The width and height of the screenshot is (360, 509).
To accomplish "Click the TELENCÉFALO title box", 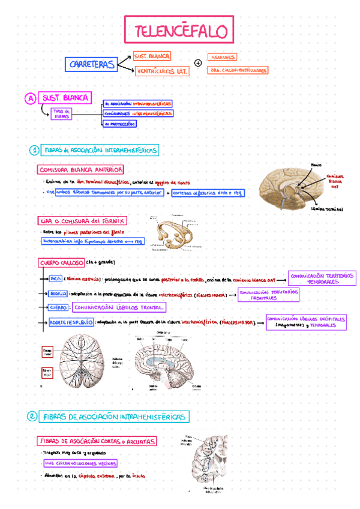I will point(179,30).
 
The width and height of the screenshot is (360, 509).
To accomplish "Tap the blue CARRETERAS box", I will point(91,64).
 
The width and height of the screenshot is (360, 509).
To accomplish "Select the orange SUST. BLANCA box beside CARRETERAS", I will point(152,56).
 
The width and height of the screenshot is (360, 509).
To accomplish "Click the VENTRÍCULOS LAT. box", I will point(161,71).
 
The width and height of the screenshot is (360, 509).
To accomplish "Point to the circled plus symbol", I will point(199,63).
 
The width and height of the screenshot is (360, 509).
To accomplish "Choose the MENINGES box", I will point(221,57).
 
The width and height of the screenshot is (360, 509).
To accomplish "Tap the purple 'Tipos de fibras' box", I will point(62,114).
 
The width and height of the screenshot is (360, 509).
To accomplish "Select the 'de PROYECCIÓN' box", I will point(119,124).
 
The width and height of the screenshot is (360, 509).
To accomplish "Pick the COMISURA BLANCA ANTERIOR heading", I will point(80,170).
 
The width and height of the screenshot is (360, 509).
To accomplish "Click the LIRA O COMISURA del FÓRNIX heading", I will point(82,221).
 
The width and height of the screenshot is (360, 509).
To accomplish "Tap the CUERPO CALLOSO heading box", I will point(61,263).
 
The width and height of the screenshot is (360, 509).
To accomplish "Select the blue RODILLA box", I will point(58,294).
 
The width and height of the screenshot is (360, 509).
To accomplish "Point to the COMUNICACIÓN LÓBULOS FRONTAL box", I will point(119,308).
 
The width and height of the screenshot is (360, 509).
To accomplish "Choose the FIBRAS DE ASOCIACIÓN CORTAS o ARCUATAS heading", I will point(97,441).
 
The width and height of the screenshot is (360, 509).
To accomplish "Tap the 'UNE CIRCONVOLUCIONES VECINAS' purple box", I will point(80,463).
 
